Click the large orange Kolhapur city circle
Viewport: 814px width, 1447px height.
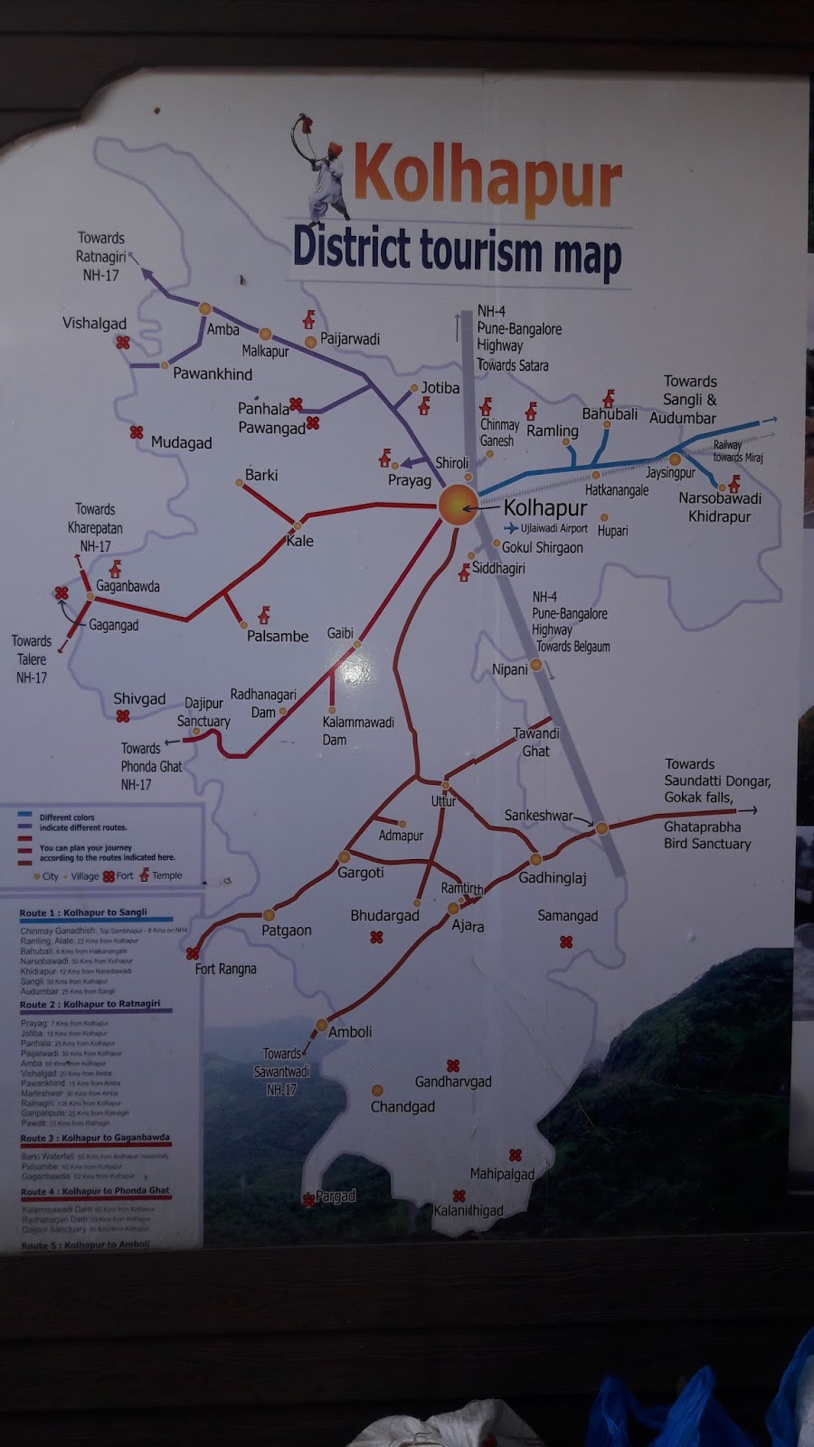click(x=458, y=505)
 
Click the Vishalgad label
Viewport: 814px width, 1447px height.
click(x=94, y=324)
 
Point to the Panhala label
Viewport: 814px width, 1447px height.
click(x=262, y=409)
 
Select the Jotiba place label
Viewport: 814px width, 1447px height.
click(x=440, y=388)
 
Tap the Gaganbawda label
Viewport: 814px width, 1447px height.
click(x=128, y=586)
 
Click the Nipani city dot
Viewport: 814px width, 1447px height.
click(x=536, y=665)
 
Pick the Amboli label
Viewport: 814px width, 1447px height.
click(x=350, y=1032)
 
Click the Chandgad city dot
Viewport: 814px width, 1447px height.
click(x=377, y=1091)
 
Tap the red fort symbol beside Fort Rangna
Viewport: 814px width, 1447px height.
click(x=193, y=953)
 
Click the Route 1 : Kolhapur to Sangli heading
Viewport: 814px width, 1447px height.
click(x=83, y=913)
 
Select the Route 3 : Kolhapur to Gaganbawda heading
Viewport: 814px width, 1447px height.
click(x=95, y=1139)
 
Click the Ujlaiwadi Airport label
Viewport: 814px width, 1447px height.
click(x=554, y=529)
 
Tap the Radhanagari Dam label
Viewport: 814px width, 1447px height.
click(x=263, y=703)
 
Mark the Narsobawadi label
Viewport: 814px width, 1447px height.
click(x=720, y=498)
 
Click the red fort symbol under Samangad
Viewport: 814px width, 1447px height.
click(x=566, y=942)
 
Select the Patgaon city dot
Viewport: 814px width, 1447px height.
click(x=269, y=915)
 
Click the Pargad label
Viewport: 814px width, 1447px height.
click(x=336, y=1196)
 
